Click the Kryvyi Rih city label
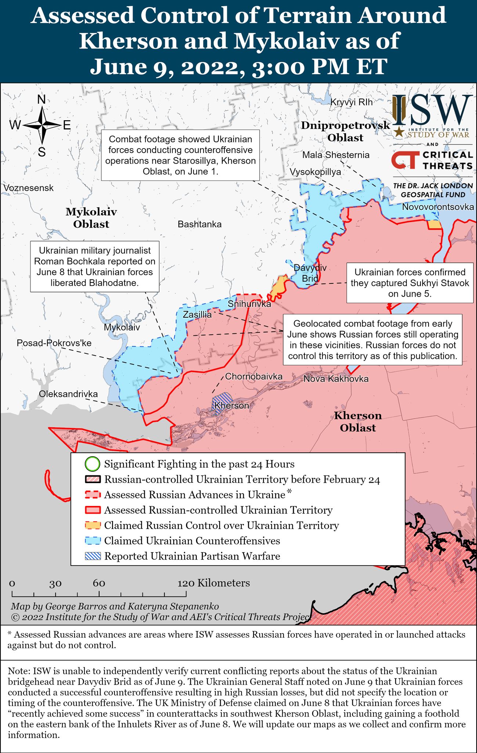coord(351,102)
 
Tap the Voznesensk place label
coord(28,188)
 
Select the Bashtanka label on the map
coord(199,224)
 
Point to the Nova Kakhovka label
coord(336,379)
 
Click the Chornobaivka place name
coord(254,376)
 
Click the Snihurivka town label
coord(249,304)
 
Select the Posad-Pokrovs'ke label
coord(54,343)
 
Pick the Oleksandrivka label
coord(68,394)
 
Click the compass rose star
coord(42,125)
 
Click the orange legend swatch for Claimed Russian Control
coord(93,525)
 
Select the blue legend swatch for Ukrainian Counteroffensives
coord(93,541)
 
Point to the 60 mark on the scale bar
coord(99,584)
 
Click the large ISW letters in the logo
coord(439,110)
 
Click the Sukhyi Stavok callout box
coord(409,283)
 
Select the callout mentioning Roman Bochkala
coord(95,267)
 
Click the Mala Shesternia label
coord(336,155)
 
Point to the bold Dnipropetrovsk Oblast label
coord(345,131)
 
